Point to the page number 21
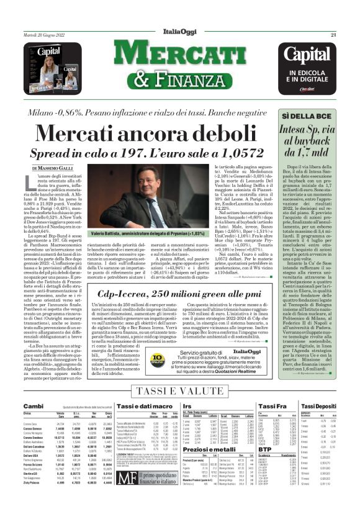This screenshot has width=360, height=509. pos(350,35)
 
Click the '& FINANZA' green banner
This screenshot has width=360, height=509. pos(180,79)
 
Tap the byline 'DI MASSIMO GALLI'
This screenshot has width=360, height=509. pos(53,168)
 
